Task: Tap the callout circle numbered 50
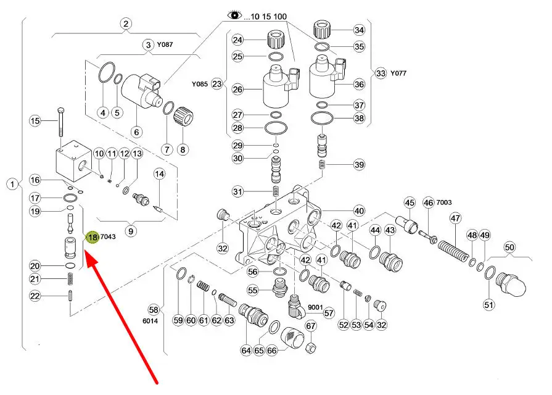click(509, 247)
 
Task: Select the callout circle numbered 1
click(12, 184)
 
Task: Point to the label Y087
click(165, 44)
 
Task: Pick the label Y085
click(199, 84)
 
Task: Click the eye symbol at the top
click(235, 15)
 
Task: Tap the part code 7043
click(109, 237)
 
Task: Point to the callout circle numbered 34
click(358, 30)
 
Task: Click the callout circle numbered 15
click(35, 121)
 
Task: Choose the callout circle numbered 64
click(246, 351)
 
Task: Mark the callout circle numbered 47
click(455, 218)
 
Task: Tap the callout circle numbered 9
click(131, 231)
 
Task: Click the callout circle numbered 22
click(35, 296)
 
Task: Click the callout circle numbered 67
click(311, 326)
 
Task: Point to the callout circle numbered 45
click(410, 202)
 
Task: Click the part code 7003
click(444, 202)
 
